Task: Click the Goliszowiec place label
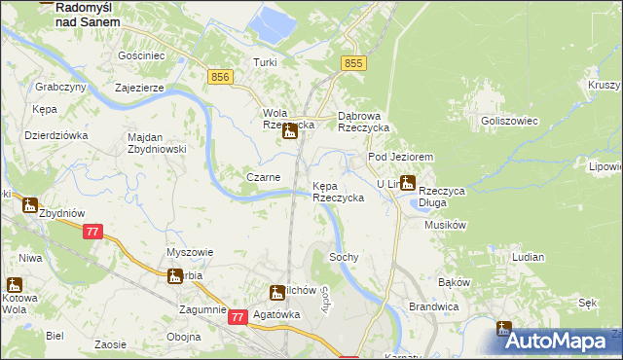point(503,121)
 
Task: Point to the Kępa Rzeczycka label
point(338,191)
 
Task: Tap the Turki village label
point(266,62)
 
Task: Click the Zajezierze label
point(137,86)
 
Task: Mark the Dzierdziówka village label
point(55,135)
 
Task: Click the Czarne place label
point(264,177)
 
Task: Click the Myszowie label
point(189,252)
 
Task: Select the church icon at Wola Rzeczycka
point(289,132)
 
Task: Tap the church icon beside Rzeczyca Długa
point(408,181)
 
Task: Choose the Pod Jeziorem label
point(399,157)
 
